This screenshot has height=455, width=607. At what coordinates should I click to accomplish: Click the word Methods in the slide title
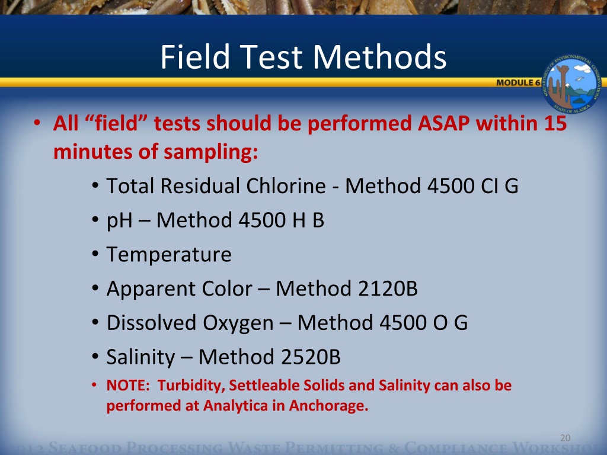point(380,58)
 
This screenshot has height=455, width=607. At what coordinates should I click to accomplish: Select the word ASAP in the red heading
point(441,124)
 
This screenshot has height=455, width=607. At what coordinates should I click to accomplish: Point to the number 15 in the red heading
point(555,124)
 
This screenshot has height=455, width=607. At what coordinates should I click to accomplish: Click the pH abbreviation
point(120,221)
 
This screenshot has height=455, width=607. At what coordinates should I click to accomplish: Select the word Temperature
point(169,255)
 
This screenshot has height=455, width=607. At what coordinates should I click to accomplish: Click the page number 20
point(564,438)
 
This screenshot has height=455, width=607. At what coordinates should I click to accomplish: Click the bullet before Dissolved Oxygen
point(95,323)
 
